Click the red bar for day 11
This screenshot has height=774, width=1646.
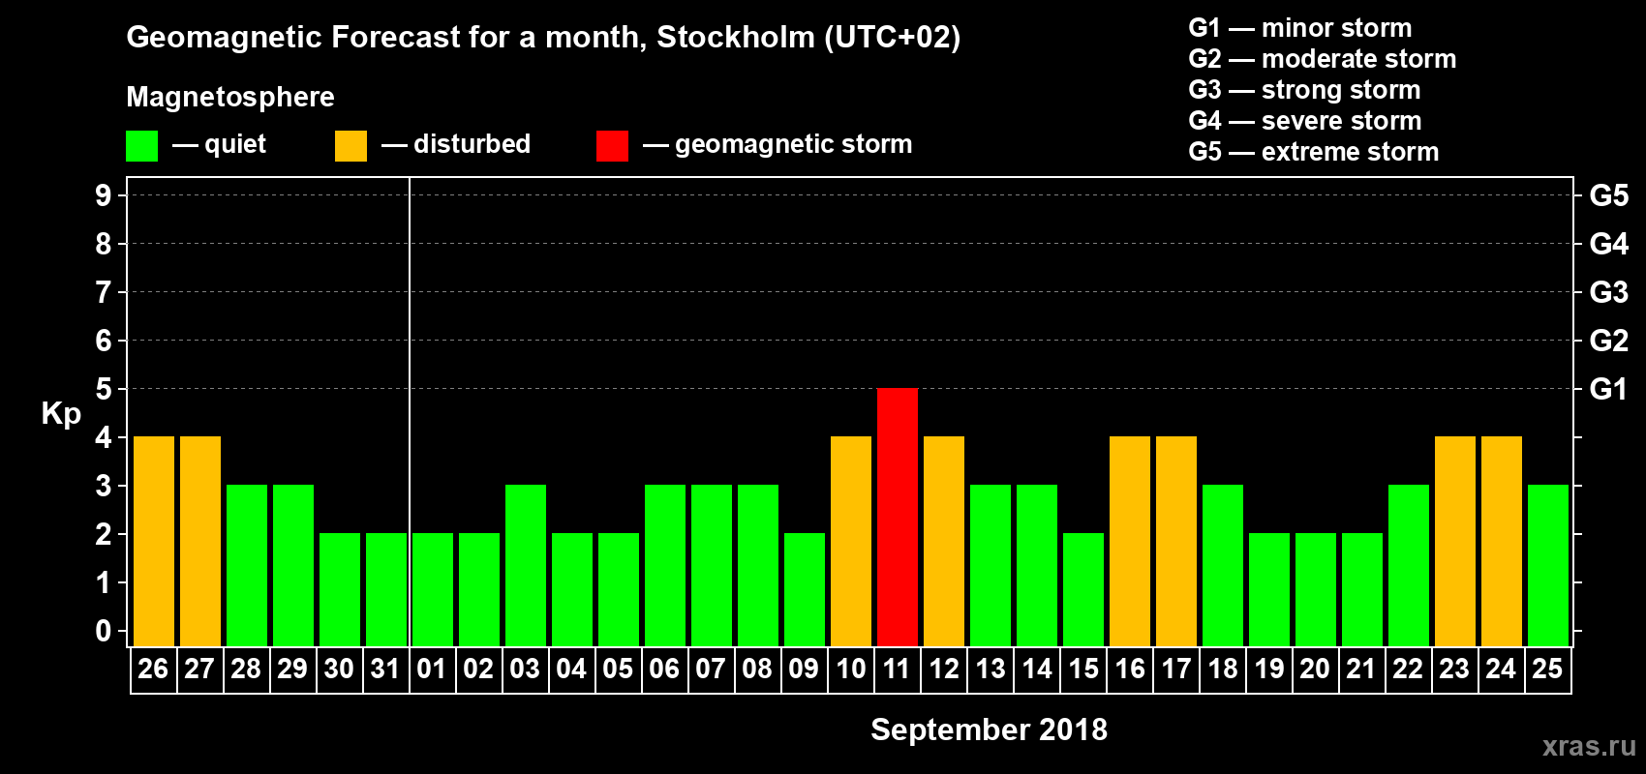click(x=898, y=517)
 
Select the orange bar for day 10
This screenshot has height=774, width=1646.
click(x=851, y=541)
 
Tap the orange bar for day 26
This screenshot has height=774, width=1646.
click(x=154, y=541)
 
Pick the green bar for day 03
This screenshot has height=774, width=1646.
click(x=526, y=565)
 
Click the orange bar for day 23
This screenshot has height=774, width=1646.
click(x=1455, y=541)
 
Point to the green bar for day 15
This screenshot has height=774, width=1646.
click(x=1083, y=589)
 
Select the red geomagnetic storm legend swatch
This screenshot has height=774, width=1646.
click(x=612, y=146)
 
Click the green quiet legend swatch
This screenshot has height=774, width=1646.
click(x=142, y=146)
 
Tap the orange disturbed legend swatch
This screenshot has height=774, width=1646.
click(x=351, y=146)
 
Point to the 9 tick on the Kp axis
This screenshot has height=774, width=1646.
click(x=104, y=195)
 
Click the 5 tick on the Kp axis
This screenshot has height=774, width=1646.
click(x=104, y=389)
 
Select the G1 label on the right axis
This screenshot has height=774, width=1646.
click(x=1608, y=389)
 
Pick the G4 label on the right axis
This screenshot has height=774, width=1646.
click(x=1608, y=244)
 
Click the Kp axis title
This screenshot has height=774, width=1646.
click(x=61, y=414)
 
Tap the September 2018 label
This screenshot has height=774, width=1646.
click(x=989, y=729)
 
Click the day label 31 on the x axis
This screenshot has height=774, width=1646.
click(x=385, y=669)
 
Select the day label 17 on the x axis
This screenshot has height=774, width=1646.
click(x=1176, y=669)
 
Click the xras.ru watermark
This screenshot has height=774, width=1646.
click(x=1589, y=746)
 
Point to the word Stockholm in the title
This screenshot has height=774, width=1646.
click(x=736, y=38)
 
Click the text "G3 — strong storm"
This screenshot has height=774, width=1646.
click(x=1304, y=90)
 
